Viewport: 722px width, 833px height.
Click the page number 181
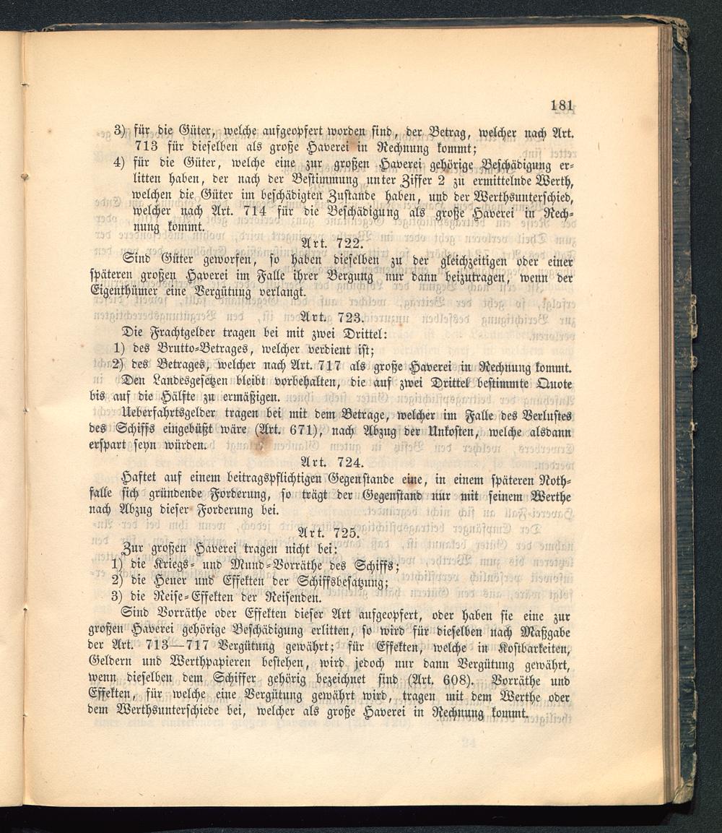562,105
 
